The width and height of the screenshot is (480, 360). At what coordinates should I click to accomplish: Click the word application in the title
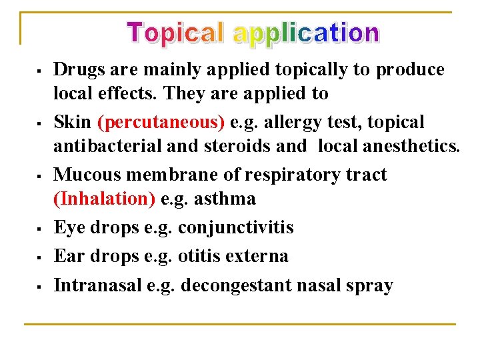click(306, 33)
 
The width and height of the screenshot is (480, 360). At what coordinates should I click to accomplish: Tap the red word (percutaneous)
click(161, 123)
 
